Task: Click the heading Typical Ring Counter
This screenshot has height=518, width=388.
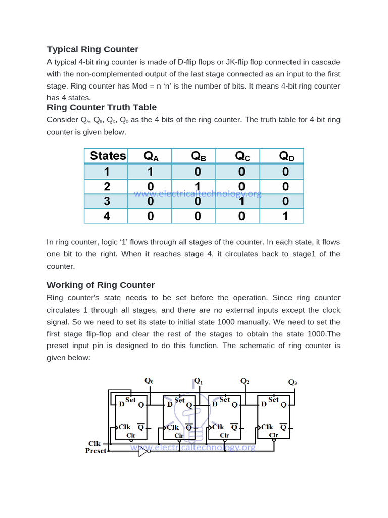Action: [x=92, y=49]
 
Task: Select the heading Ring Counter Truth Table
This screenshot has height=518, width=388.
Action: [x=102, y=107]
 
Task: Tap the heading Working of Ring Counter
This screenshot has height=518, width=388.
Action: [x=101, y=285]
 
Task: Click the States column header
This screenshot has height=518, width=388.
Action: [x=108, y=156]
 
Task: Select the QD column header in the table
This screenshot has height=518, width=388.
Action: [x=286, y=156]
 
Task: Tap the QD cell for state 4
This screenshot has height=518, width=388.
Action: [x=286, y=216]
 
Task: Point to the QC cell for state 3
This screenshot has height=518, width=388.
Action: [x=242, y=201]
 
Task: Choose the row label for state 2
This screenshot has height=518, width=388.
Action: [x=107, y=187]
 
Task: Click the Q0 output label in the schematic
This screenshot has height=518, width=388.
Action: [x=149, y=381]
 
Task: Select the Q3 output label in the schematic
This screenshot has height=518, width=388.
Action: [x=293, y=382]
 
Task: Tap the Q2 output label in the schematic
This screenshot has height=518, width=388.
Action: [x=245, y=381]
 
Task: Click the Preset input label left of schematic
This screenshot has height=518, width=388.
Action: [x=95, y=451]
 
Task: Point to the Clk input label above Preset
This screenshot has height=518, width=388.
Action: [x=94, y=443]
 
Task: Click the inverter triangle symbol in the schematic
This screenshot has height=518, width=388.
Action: [x=143, y=453]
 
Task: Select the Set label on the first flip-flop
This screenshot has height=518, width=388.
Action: [x=130, y=400]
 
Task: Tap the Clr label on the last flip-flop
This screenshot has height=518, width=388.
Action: [x=273, y=435]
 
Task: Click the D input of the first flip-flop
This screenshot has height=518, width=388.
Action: [x=121, y=404]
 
